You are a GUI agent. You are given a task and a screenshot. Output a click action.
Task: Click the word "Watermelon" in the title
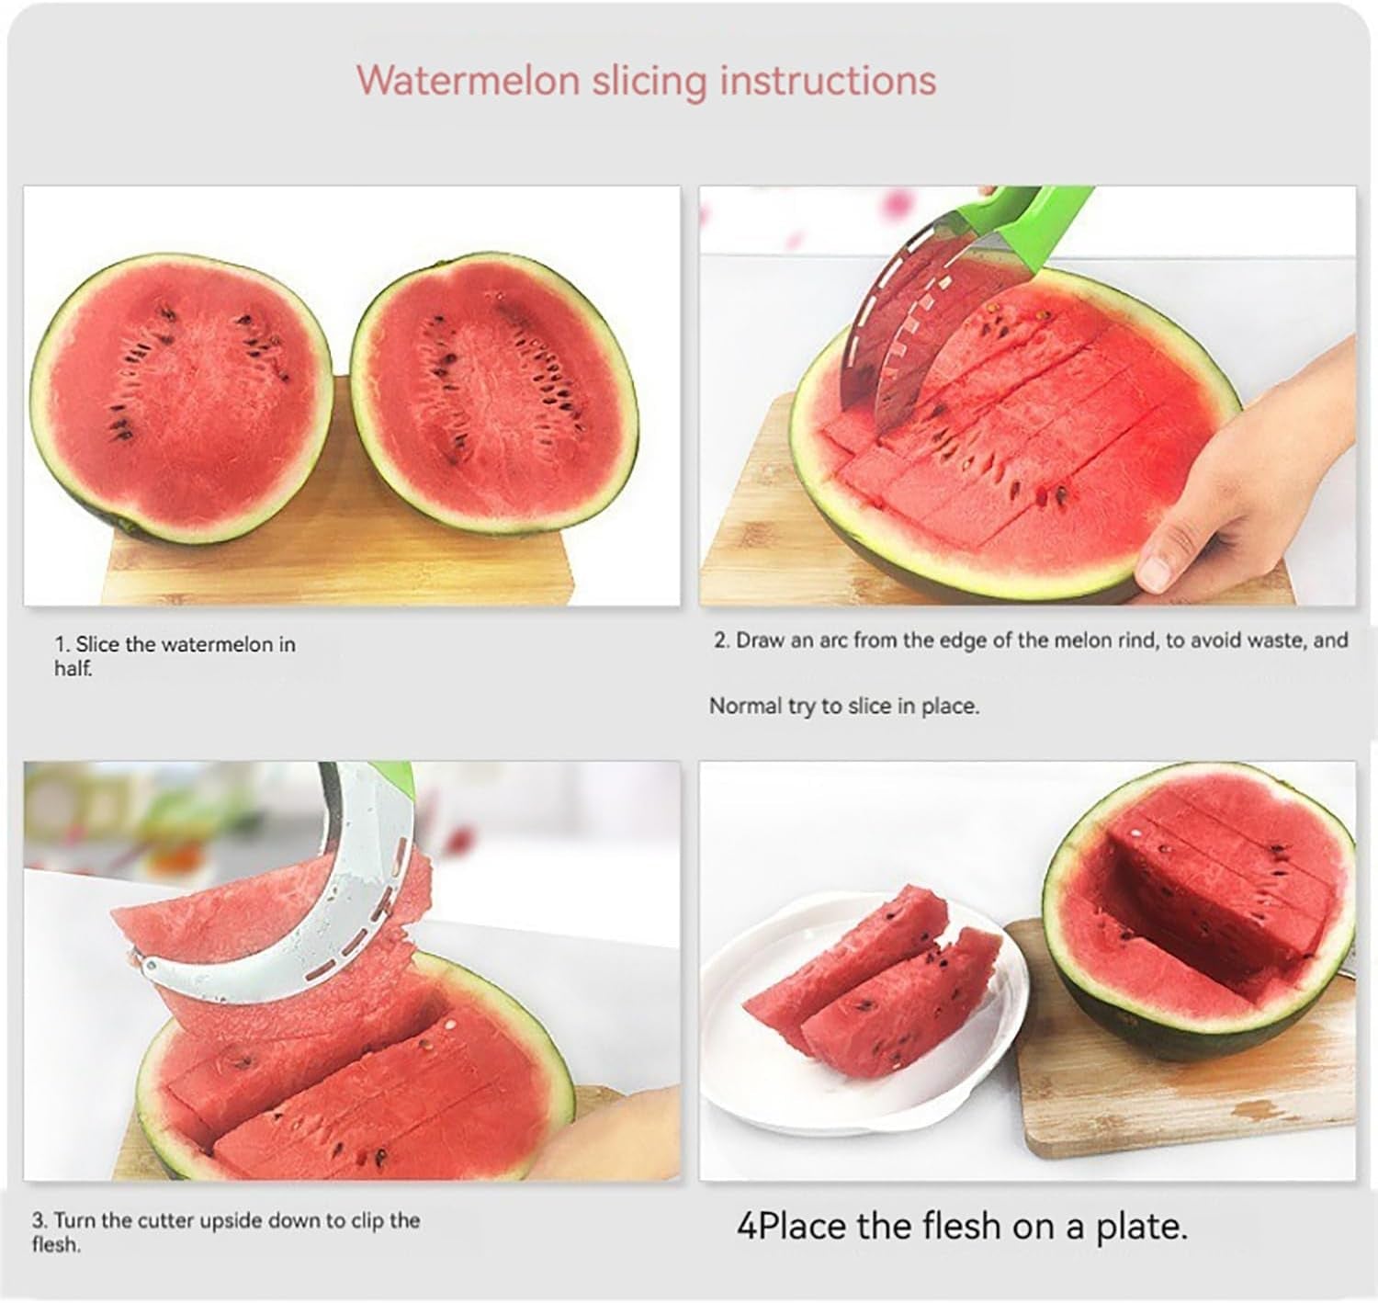[468, 80]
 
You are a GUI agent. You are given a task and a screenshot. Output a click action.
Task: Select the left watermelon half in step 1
[181, 397]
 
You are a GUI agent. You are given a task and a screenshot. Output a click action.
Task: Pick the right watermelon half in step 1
[494, 392]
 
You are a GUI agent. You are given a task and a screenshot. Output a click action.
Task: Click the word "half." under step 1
[73, 669]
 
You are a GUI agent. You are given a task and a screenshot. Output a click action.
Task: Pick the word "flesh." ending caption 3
[56, 1245]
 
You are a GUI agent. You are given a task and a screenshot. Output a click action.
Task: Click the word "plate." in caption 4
[1142, 1227]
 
